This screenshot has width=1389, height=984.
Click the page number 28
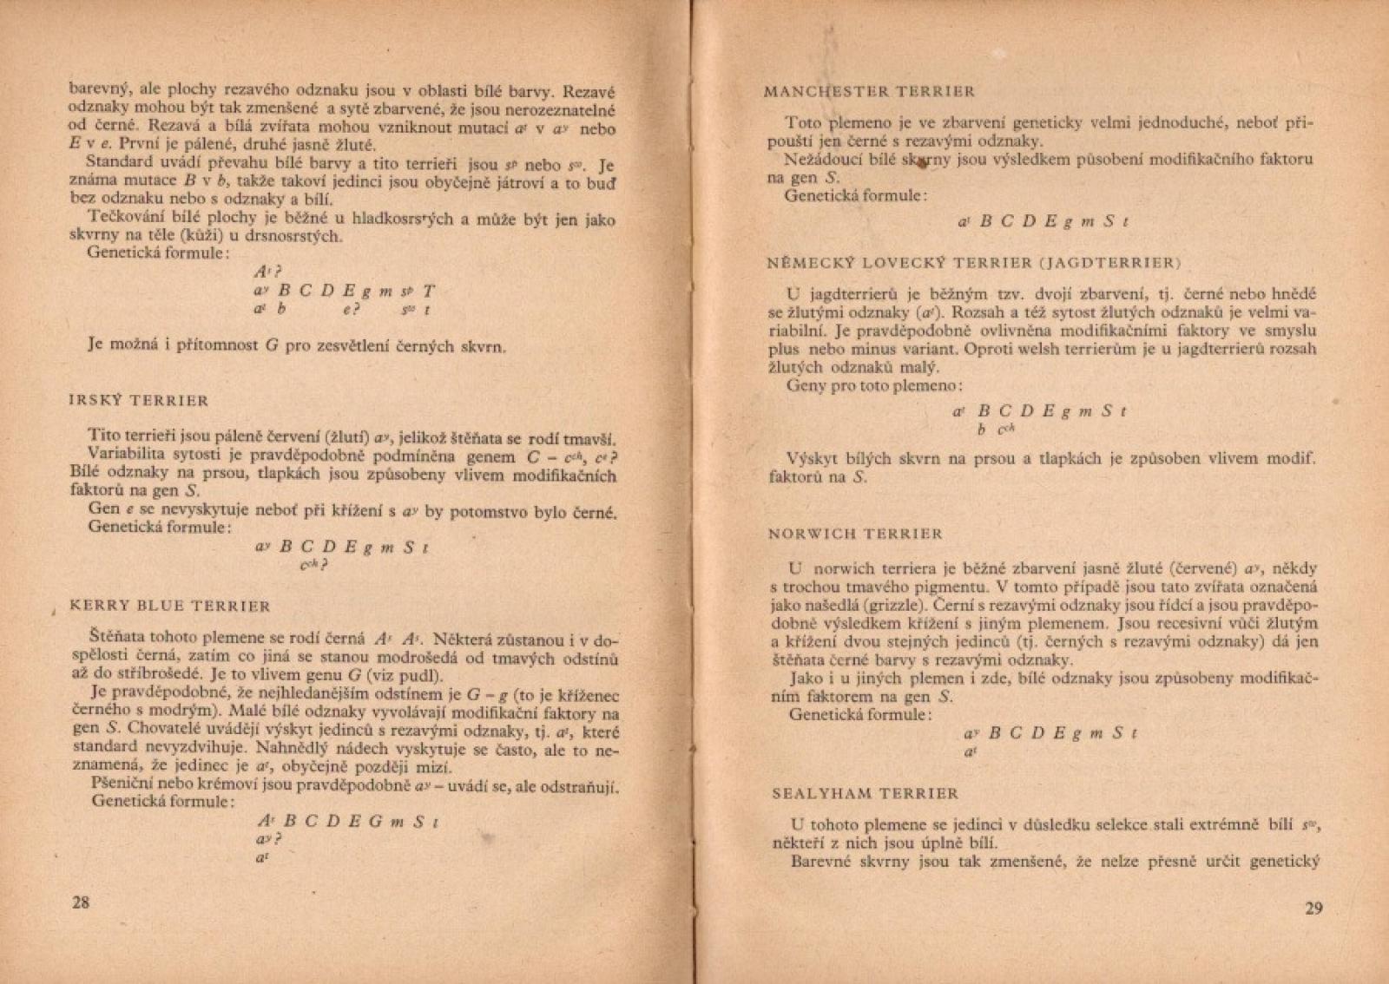(80, 902)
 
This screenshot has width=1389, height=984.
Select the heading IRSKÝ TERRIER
(138, 401)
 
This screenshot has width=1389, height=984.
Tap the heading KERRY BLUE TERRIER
(169, 606)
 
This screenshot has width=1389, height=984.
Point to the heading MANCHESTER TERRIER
(869, 91)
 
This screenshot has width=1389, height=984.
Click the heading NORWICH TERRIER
(855, 534)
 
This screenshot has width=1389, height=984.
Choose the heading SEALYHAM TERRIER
(865, 793)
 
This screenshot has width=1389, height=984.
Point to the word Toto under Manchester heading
(802, 122)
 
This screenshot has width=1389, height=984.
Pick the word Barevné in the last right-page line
(820, 862)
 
